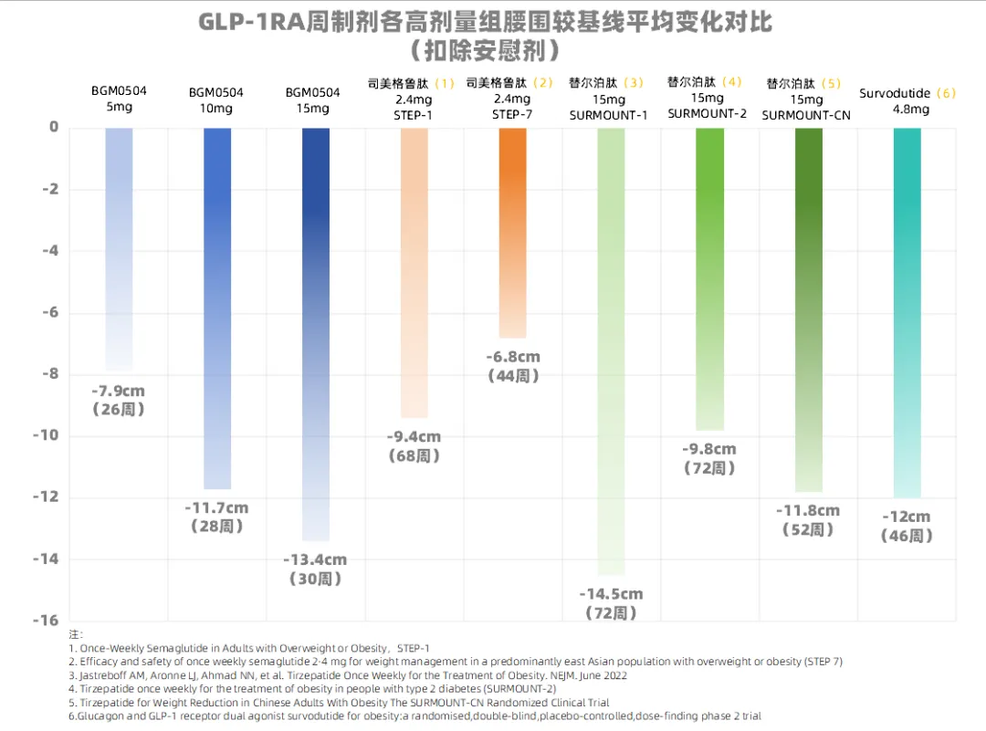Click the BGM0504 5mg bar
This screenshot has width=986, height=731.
pos(119,246)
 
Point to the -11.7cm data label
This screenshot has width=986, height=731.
pos(216,508)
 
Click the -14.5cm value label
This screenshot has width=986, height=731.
pos(611,594)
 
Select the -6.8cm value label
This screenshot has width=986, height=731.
pos(512,357)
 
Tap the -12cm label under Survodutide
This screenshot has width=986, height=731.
pos(907,517)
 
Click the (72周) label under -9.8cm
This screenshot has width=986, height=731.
pos(709,468)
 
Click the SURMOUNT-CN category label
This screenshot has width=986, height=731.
pos(806,115)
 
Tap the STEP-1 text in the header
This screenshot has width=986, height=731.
pos(414,114)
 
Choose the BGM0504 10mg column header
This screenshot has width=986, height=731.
pos(216,100)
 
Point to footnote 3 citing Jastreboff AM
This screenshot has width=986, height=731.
pos(347,675)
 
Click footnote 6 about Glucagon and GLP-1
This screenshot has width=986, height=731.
pos(414,716)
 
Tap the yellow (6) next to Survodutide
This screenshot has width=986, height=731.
pos(946,93)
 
